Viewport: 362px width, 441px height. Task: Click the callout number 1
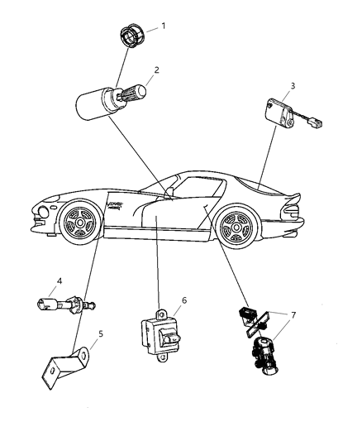tap(163, 26)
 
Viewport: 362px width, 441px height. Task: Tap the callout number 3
tap(293, 85)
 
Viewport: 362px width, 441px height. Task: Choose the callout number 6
tap(184, 300)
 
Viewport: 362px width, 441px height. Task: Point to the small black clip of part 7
tap(245, 314)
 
